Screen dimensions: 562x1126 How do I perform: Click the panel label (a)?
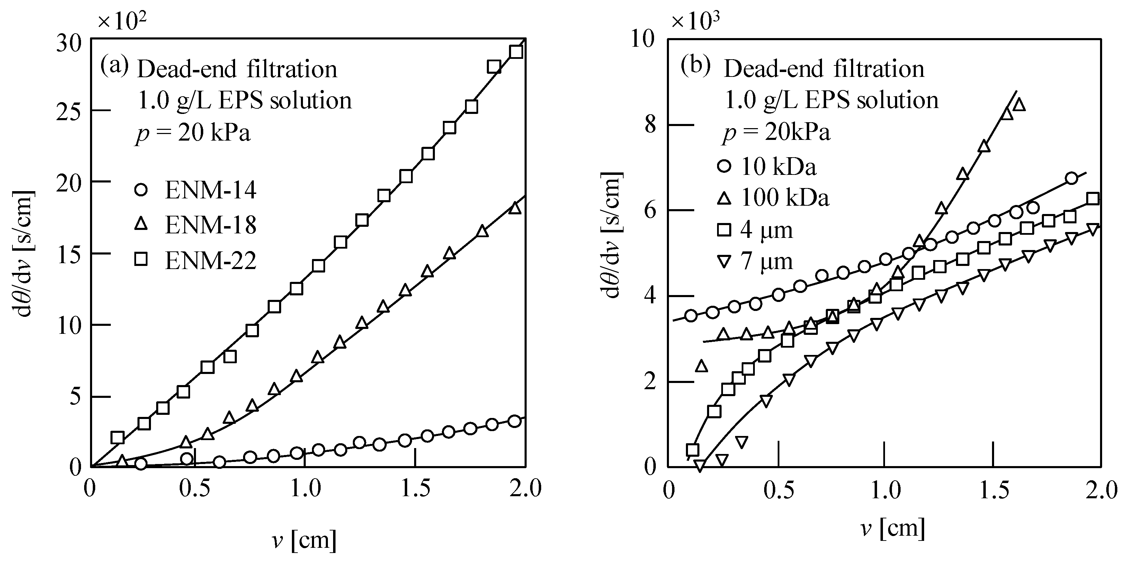tap(115, 66)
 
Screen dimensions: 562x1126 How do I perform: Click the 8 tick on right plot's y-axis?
tap(650, 125)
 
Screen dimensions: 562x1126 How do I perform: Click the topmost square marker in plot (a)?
tap(516, 52)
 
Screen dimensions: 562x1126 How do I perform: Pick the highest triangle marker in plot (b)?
tap(1019, 105)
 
